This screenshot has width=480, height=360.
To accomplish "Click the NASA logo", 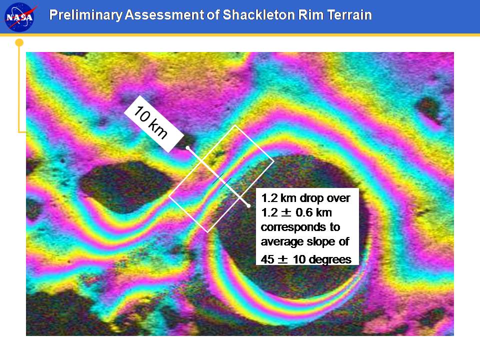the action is tap(19, 16).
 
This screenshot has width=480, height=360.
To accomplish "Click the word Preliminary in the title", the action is tap(85, 15).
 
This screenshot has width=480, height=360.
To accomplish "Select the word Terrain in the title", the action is tap(349, 14).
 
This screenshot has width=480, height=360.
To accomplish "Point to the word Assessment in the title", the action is tap(164, 14).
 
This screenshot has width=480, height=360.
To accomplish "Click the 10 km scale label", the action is tap(154, 124).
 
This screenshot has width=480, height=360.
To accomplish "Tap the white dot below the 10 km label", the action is tap(187, 148).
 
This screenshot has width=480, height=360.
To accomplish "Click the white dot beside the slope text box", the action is tap(249, 206).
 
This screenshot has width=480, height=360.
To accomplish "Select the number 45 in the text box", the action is tap(267, 259).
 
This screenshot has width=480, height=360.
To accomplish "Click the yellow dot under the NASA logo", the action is tap(19, 42).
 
